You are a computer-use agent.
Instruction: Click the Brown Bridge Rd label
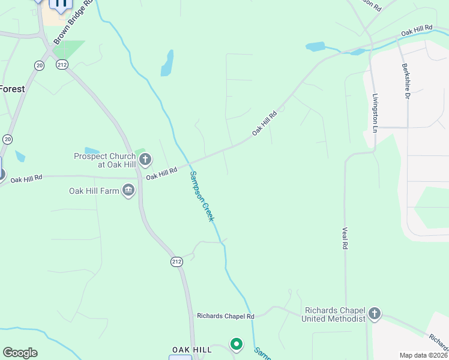point(74,22)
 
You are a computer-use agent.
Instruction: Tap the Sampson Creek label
point(202,196)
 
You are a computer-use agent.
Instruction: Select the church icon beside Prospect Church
point(145,160)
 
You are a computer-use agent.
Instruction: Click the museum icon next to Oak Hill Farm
point(128,191)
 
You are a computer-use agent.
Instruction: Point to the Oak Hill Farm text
point(94,191)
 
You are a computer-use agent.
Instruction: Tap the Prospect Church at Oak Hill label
point(106,160)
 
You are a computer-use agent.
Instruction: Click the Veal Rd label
point(345,238)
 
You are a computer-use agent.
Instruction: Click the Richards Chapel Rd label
point(226,316)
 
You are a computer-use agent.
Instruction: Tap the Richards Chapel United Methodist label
point(335,314)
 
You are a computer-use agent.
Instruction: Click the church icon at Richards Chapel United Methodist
point(375,313)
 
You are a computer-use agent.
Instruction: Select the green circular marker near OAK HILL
point(237,344)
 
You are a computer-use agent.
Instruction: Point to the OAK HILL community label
point(191,349)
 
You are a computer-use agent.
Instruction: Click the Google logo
point(20,353)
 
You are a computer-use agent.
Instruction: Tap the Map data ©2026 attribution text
point(423,355)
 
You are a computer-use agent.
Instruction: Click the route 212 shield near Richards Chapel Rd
point(176,262)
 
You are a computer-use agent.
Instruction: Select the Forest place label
point(12,89)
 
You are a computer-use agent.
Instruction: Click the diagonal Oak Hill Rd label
point(264,123)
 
